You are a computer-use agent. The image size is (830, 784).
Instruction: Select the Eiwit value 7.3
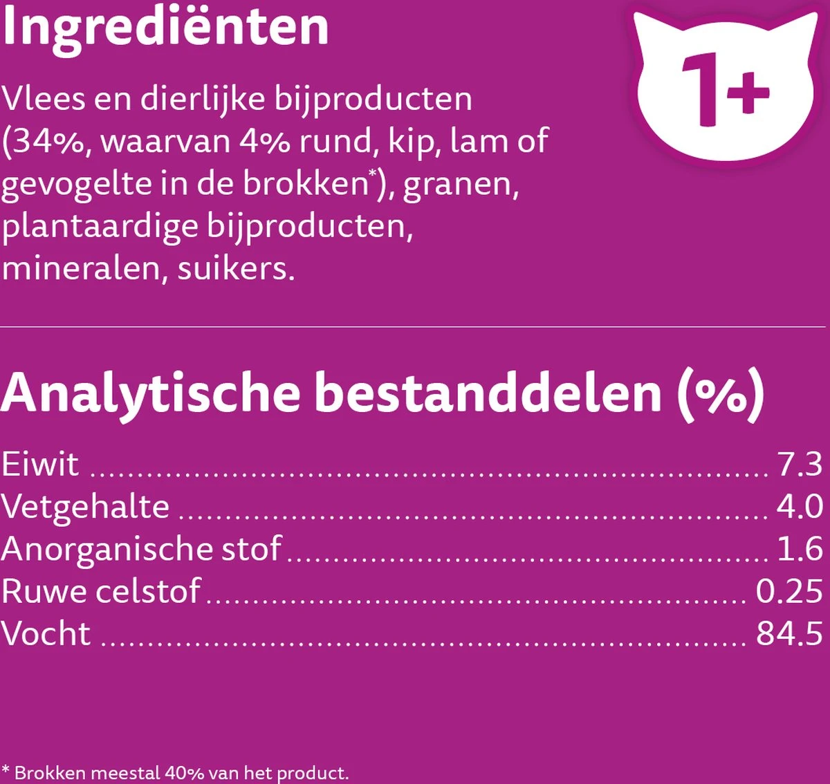[800, 465]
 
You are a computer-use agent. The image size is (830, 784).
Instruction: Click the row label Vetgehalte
[85, 507]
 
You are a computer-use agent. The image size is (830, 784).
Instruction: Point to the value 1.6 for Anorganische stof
[800, 549]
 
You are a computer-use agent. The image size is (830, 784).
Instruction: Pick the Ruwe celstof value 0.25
[789, 592]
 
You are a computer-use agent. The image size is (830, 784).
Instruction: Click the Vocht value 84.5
[789, 634]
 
